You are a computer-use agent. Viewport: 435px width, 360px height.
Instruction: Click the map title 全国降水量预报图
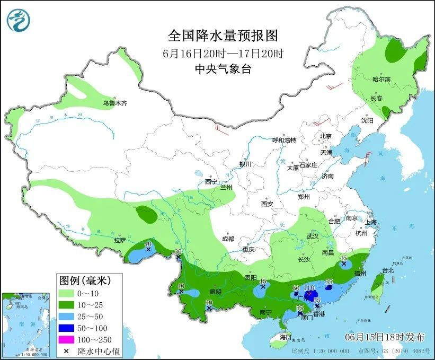coord(223,36)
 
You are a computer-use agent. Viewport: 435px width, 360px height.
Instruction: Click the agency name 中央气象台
coord(223,68)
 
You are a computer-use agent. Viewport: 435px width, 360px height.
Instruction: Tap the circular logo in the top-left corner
coord(19,20)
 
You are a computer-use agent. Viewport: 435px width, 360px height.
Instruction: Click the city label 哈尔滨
coord(381,79)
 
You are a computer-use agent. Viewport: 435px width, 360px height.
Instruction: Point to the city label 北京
coord(325,136)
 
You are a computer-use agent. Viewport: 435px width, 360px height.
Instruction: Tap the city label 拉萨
coord(120,240)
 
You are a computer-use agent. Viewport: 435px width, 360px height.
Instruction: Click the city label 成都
coord(228,239)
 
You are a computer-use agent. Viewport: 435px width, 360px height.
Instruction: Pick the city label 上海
coord(370,222)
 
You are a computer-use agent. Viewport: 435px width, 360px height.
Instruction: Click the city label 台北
coord(388,270)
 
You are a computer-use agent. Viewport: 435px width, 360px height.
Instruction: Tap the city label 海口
coord(286,337)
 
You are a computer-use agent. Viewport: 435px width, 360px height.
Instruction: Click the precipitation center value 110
coord(309,287)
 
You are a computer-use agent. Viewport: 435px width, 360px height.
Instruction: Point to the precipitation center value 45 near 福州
coord(344,257)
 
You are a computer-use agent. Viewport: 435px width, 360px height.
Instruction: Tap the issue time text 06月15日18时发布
coord(385,337)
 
